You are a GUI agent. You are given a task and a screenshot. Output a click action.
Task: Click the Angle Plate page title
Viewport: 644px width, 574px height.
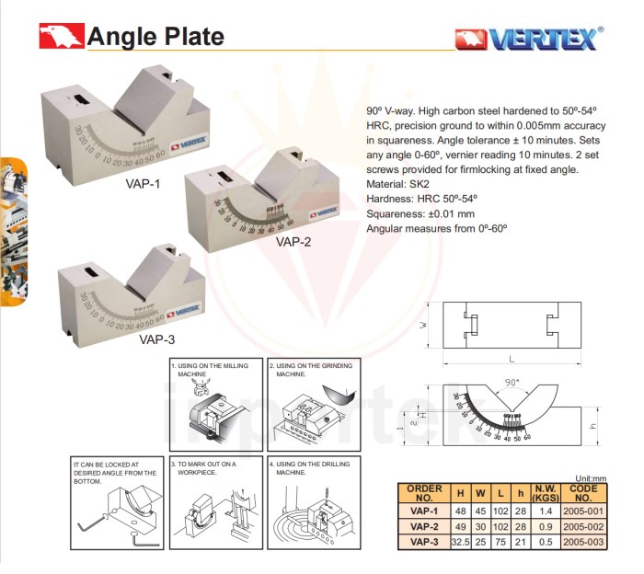point(155,37)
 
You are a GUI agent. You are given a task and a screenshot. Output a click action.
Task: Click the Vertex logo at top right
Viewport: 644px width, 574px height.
point(529,38)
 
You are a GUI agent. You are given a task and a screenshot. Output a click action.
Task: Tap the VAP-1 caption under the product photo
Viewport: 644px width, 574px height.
point(144,183)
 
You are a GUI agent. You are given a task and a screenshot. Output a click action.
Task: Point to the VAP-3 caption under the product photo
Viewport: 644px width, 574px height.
point(156,339)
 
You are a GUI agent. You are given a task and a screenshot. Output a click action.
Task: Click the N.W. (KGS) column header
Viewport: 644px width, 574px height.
point(546,492)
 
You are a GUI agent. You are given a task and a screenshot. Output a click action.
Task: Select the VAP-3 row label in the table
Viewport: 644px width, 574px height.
point(422,541)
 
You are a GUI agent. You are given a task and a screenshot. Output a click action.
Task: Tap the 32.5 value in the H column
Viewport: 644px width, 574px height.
point(462,541)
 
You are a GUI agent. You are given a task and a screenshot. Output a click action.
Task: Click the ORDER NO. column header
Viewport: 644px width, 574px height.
point(422,492)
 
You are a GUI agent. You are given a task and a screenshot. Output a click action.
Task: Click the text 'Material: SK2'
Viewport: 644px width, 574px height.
point(401,184)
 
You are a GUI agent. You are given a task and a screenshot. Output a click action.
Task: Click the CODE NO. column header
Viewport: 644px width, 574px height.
point(584,492)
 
